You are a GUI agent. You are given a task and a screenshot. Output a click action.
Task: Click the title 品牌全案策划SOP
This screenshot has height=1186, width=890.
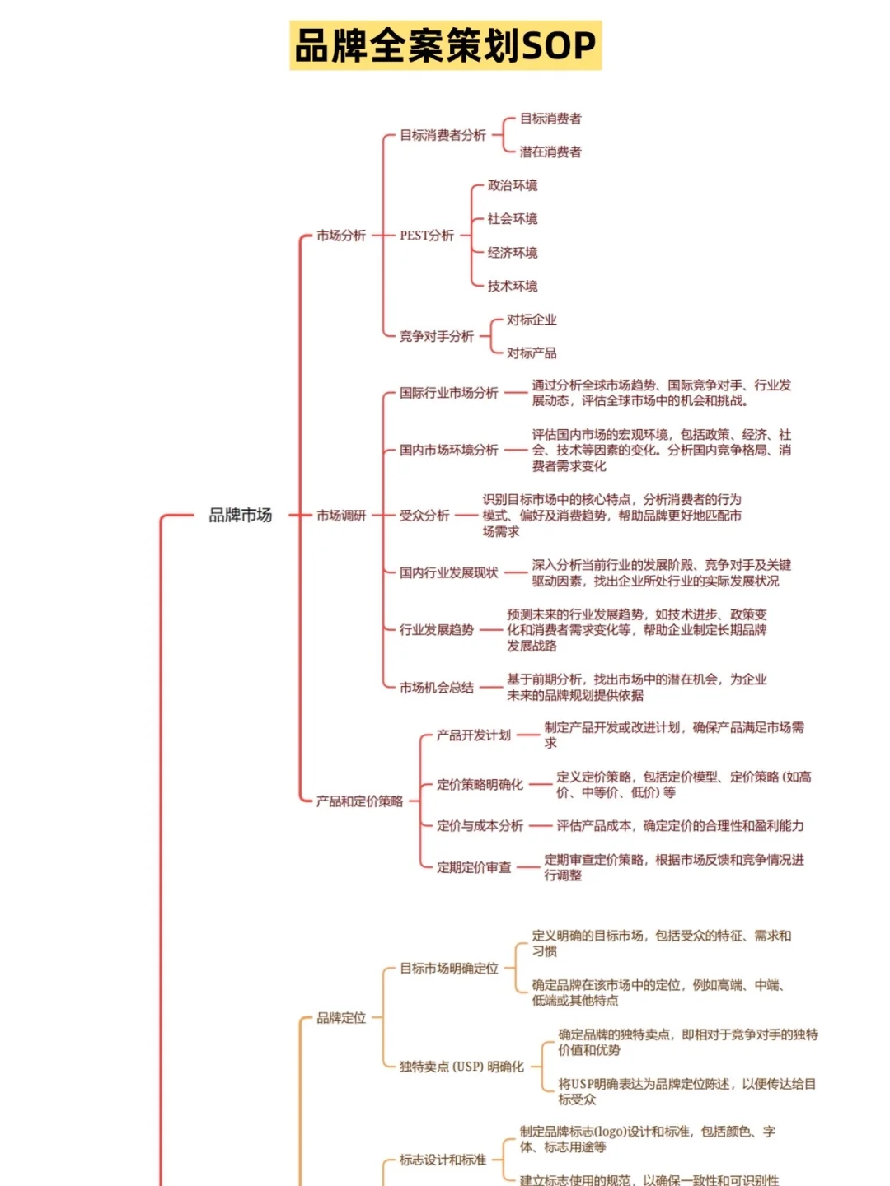[x=445, y=46]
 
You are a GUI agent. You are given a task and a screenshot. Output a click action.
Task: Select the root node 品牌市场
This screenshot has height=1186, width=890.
[x=240, y=516]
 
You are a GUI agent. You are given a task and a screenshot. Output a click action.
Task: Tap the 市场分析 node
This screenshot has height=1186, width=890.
[x=341, y=236]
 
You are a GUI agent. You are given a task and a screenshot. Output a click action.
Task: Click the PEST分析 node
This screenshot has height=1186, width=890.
[x=427, y=236]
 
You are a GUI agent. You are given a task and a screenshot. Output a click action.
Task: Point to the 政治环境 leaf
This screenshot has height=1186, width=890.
[x=512, y=185]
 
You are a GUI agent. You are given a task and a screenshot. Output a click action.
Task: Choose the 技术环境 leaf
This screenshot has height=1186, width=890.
[x=512, y=286]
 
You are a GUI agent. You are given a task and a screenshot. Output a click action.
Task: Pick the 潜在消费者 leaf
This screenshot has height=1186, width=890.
[x=550, y=152]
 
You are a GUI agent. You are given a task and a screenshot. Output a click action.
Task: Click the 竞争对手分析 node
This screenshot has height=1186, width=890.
[x=437, y=336]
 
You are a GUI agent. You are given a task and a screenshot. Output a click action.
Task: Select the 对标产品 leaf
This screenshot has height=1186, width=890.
[x=532, y=353]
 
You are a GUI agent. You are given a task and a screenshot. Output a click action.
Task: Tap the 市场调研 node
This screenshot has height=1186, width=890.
[x=341, y=516]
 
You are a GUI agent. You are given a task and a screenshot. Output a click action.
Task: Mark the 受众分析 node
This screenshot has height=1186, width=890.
[x=424, y=516]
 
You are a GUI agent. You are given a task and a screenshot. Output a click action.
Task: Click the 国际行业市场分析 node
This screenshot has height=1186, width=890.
[x=449, y=393]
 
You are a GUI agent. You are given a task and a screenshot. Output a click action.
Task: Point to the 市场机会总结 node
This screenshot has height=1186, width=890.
[x=437, y=688]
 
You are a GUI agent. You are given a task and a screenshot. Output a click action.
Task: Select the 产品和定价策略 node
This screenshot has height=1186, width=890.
[x=359, y=801]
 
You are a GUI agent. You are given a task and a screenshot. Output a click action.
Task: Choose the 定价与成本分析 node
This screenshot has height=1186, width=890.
[x=480, y=826]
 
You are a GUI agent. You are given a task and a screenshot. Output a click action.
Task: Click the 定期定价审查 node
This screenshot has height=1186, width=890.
[x=474, y=867]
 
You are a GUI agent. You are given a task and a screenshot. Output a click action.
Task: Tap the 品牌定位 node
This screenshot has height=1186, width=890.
[x=341, y=1018]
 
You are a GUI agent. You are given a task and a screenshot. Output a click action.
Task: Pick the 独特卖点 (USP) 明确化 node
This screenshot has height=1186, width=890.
[x=461, y=1067]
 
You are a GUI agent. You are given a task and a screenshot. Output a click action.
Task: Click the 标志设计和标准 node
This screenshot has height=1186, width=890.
[x=443, y=1160]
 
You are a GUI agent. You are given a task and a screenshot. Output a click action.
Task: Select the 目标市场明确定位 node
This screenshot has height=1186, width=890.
[x=449, y=969]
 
